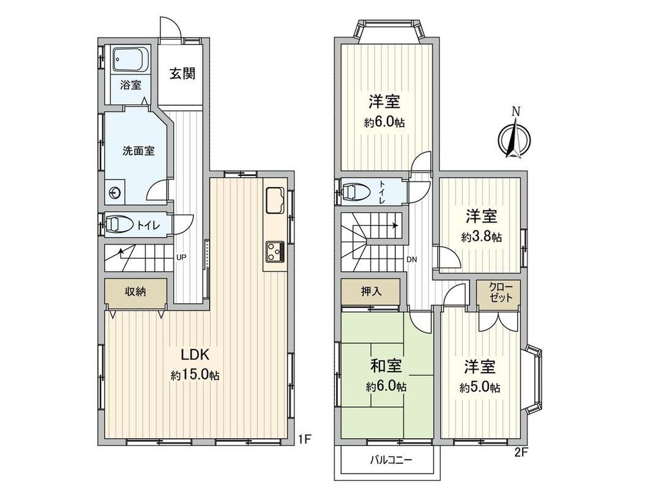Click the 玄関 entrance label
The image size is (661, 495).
[x=182, y=74]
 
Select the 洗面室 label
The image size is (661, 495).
[x=138, y=151]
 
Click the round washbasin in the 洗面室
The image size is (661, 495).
[x=114, y=193]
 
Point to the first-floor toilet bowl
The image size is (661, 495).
[x=118, y=224]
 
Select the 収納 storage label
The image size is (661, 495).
[x=136, y=291]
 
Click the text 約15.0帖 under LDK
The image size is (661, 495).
[x=195, y=375]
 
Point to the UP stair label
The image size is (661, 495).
[x=181, y=257]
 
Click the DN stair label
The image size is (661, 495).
[x=412, y=259]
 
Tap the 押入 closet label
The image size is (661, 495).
[x=371, y=291]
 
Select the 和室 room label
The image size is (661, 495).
[x=386, y=367]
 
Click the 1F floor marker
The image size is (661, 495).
[x=305, y=438]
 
